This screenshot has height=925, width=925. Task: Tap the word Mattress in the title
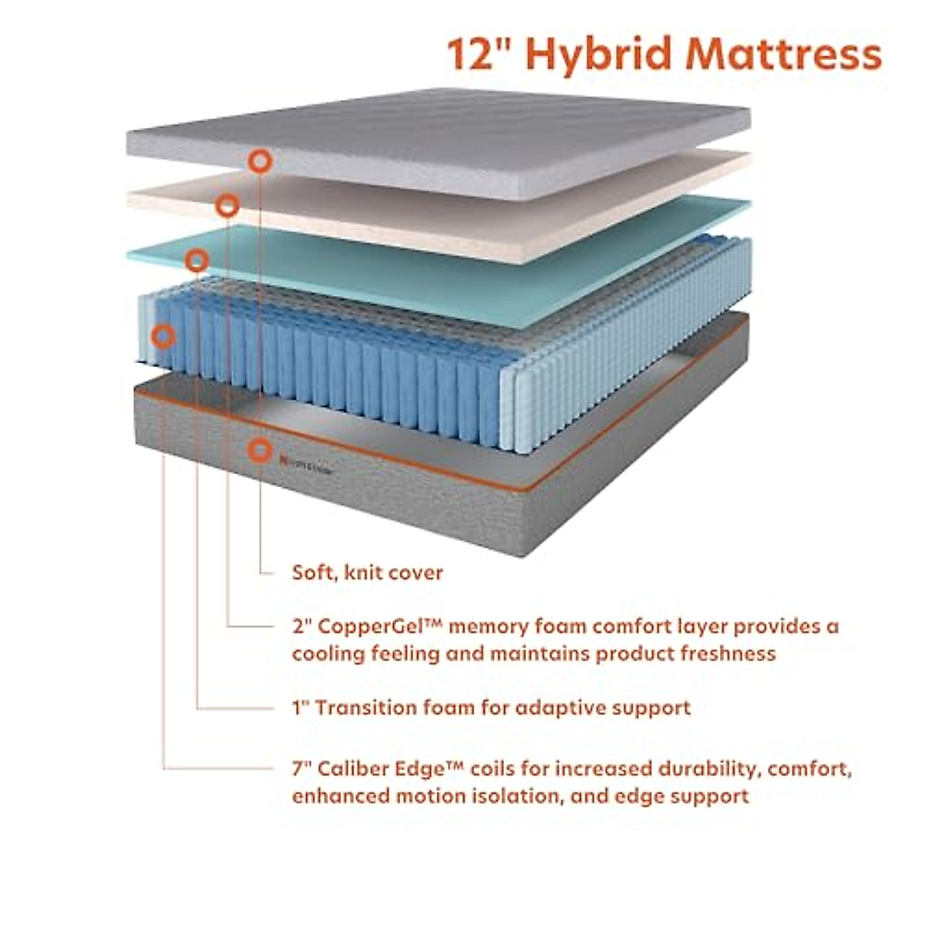(783, 54)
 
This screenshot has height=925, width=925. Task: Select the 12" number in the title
(472, 54)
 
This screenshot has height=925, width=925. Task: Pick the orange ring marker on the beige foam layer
(227, 206)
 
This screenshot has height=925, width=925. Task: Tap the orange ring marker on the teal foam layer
(197, 261)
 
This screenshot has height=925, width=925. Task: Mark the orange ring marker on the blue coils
(163, 336)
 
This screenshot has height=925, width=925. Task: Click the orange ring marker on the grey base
(261, 448)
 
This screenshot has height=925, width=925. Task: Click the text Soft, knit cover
(368, 573)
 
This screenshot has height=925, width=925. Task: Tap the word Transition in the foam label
(366, 707)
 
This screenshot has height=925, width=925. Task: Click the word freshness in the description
(728, 654)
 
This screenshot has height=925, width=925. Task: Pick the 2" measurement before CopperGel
(301, 627)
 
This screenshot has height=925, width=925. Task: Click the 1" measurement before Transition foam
(300, 707)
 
